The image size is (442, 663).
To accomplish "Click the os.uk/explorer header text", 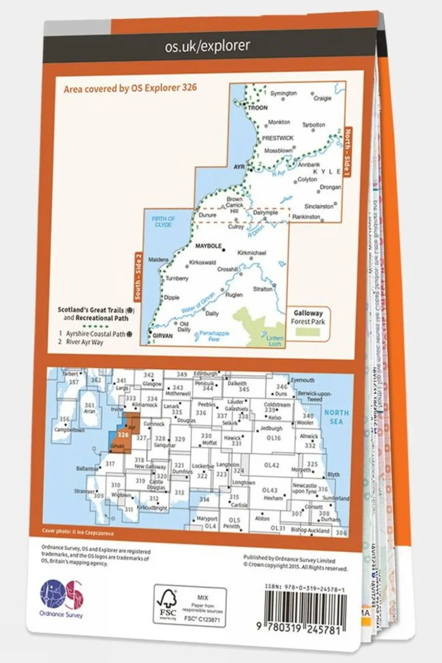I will click(207, 46).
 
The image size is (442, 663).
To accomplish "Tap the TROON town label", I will click(258, 108).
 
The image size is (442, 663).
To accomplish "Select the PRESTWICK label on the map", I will click(277, 138).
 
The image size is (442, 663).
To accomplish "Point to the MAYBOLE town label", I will click(208, 246).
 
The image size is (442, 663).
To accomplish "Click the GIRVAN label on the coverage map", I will click(162, 336).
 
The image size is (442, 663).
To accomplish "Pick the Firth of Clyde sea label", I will click(163, 222).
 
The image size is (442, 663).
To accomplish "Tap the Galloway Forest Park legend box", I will click(308, 322).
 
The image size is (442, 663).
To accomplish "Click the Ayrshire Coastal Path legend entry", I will click(95, 334).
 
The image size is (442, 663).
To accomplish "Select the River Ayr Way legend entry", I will click(84, 342).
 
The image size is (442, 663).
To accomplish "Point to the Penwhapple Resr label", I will click(214, 336).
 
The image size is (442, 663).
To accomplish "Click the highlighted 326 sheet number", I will click(123, 434).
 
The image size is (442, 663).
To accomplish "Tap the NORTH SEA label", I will click(336, 417).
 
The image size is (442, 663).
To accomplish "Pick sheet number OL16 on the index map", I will click(273, 438).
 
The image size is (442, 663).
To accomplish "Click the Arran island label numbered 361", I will click(89, 408).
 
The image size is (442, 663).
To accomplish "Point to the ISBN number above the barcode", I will click(305, 589).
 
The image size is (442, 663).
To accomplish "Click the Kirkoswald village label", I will click(202, 262).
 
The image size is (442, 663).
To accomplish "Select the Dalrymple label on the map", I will click(265, 213).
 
